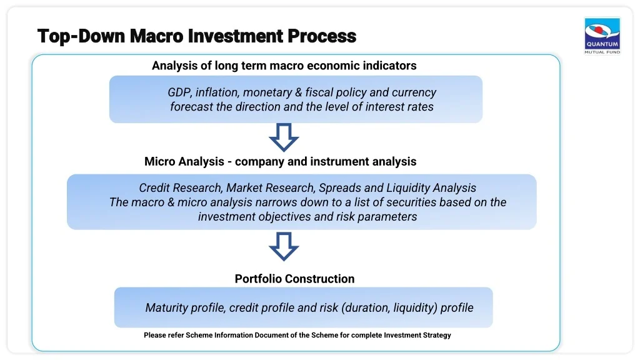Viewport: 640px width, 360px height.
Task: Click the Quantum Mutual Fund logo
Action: pos(602,36)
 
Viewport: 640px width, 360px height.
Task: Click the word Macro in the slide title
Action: pos(157,36)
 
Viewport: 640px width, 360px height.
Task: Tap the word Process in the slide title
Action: pos(322,36)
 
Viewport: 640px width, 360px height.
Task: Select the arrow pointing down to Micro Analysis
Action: pos(284,137)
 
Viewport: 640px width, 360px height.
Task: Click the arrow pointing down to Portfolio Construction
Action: pos(284,246)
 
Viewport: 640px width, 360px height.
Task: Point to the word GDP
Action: pos(180,92)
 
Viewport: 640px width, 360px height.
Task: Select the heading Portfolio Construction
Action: pos(295,279)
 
